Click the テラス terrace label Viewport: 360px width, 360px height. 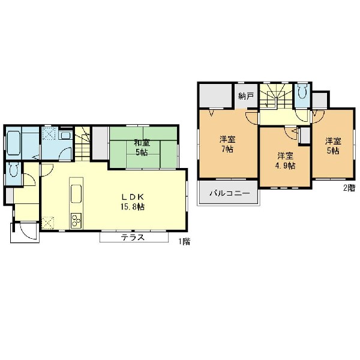pyautogui.click(x=133, y=237)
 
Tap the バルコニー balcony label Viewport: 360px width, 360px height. pyautogui.click(x=230, y=193)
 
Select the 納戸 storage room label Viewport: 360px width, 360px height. pyautogui.click(x=246, y=96)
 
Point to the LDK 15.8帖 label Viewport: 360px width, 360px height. pyautogui.click(x=133, y=202)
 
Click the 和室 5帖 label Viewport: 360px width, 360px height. pyautogui.click(x=142, y=148)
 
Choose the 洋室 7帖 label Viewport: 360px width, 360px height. pyautogui.click(x=227, y=144)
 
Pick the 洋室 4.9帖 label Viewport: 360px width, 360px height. pyautogui.click(x=285, y=161)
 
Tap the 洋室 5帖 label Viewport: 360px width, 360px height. pyautogui.click(x=333, y=146)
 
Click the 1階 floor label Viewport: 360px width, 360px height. pyautogui.click(x=184, y=241)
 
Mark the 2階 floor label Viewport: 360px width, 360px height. pyautogui.click(x=349, y=188)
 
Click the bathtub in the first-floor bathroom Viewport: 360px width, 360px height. pyautogui.click(x=13, y=143)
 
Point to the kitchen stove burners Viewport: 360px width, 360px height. pyautogui.click(x=76, y=220)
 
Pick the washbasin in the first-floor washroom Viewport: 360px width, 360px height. pyautogui.click(x=65, y=135)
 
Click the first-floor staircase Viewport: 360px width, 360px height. pyautogui.click(x=82, y=143)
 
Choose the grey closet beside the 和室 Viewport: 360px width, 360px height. pyautogui.click(x=100, y=143)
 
